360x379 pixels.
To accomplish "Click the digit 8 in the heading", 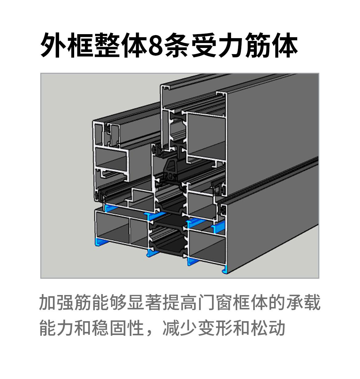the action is (x=155, y=45).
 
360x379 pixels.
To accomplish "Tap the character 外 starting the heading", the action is (x=54, y=45).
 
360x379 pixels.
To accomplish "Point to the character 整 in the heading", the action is (x=107, y=45).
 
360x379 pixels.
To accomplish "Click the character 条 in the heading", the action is (x=177, y=45).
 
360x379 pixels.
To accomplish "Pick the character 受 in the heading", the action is (x=204, y=45).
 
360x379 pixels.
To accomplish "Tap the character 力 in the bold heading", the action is (x=231, y=45).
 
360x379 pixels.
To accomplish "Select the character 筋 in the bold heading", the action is (x=258, y=45).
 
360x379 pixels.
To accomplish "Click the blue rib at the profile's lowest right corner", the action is (x=225, y=269).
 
